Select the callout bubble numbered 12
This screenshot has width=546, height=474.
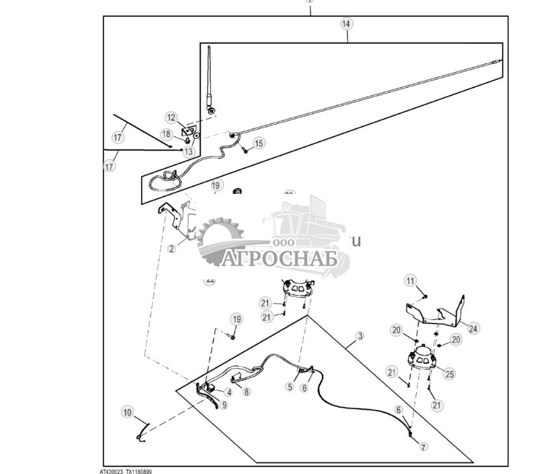[171, 118]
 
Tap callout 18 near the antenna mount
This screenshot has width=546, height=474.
[167, 134]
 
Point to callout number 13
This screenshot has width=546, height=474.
[188, 151]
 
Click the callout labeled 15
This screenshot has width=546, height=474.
[259, 143]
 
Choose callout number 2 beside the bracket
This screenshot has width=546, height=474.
[171, 248]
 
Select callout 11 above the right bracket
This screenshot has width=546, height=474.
[410, 281]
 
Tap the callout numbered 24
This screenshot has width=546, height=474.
[473, 329]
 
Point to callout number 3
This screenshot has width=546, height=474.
[360, 336]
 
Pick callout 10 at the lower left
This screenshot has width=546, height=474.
[127, 412]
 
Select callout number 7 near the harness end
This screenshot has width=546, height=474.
[423, 447]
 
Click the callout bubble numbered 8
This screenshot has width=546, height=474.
[246, 391]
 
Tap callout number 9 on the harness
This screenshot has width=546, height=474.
[223, 405]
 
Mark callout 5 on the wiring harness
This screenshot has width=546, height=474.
[290, 387]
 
